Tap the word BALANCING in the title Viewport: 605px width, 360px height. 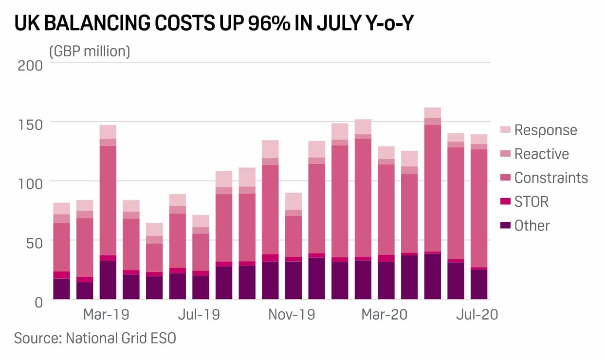coord(97,23)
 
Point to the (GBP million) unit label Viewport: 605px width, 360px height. coord(90,51)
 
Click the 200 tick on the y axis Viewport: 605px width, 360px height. coord(30,66)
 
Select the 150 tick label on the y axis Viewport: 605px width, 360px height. coord(30,125)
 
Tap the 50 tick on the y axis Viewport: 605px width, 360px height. coord(35,243)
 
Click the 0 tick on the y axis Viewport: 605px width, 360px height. coord(39,303)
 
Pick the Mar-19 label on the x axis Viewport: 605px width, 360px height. coord(106,315)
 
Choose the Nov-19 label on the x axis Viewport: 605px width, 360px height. coord(292,315)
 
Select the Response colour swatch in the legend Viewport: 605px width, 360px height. coord(505,129)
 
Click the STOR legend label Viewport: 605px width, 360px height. coord(532,202)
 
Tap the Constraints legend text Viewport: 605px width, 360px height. coord(551,178)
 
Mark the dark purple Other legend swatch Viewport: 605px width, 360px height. coord(505,225)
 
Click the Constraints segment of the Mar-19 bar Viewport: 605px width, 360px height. coord(108,200)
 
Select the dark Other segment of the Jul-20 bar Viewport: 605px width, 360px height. coord(479,285)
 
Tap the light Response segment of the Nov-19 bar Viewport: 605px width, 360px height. coord(293,201)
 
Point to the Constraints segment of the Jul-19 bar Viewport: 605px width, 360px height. coord(201,252)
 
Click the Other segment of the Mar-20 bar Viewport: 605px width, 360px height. coord(386,281)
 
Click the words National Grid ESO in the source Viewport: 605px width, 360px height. coord(121,338)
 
